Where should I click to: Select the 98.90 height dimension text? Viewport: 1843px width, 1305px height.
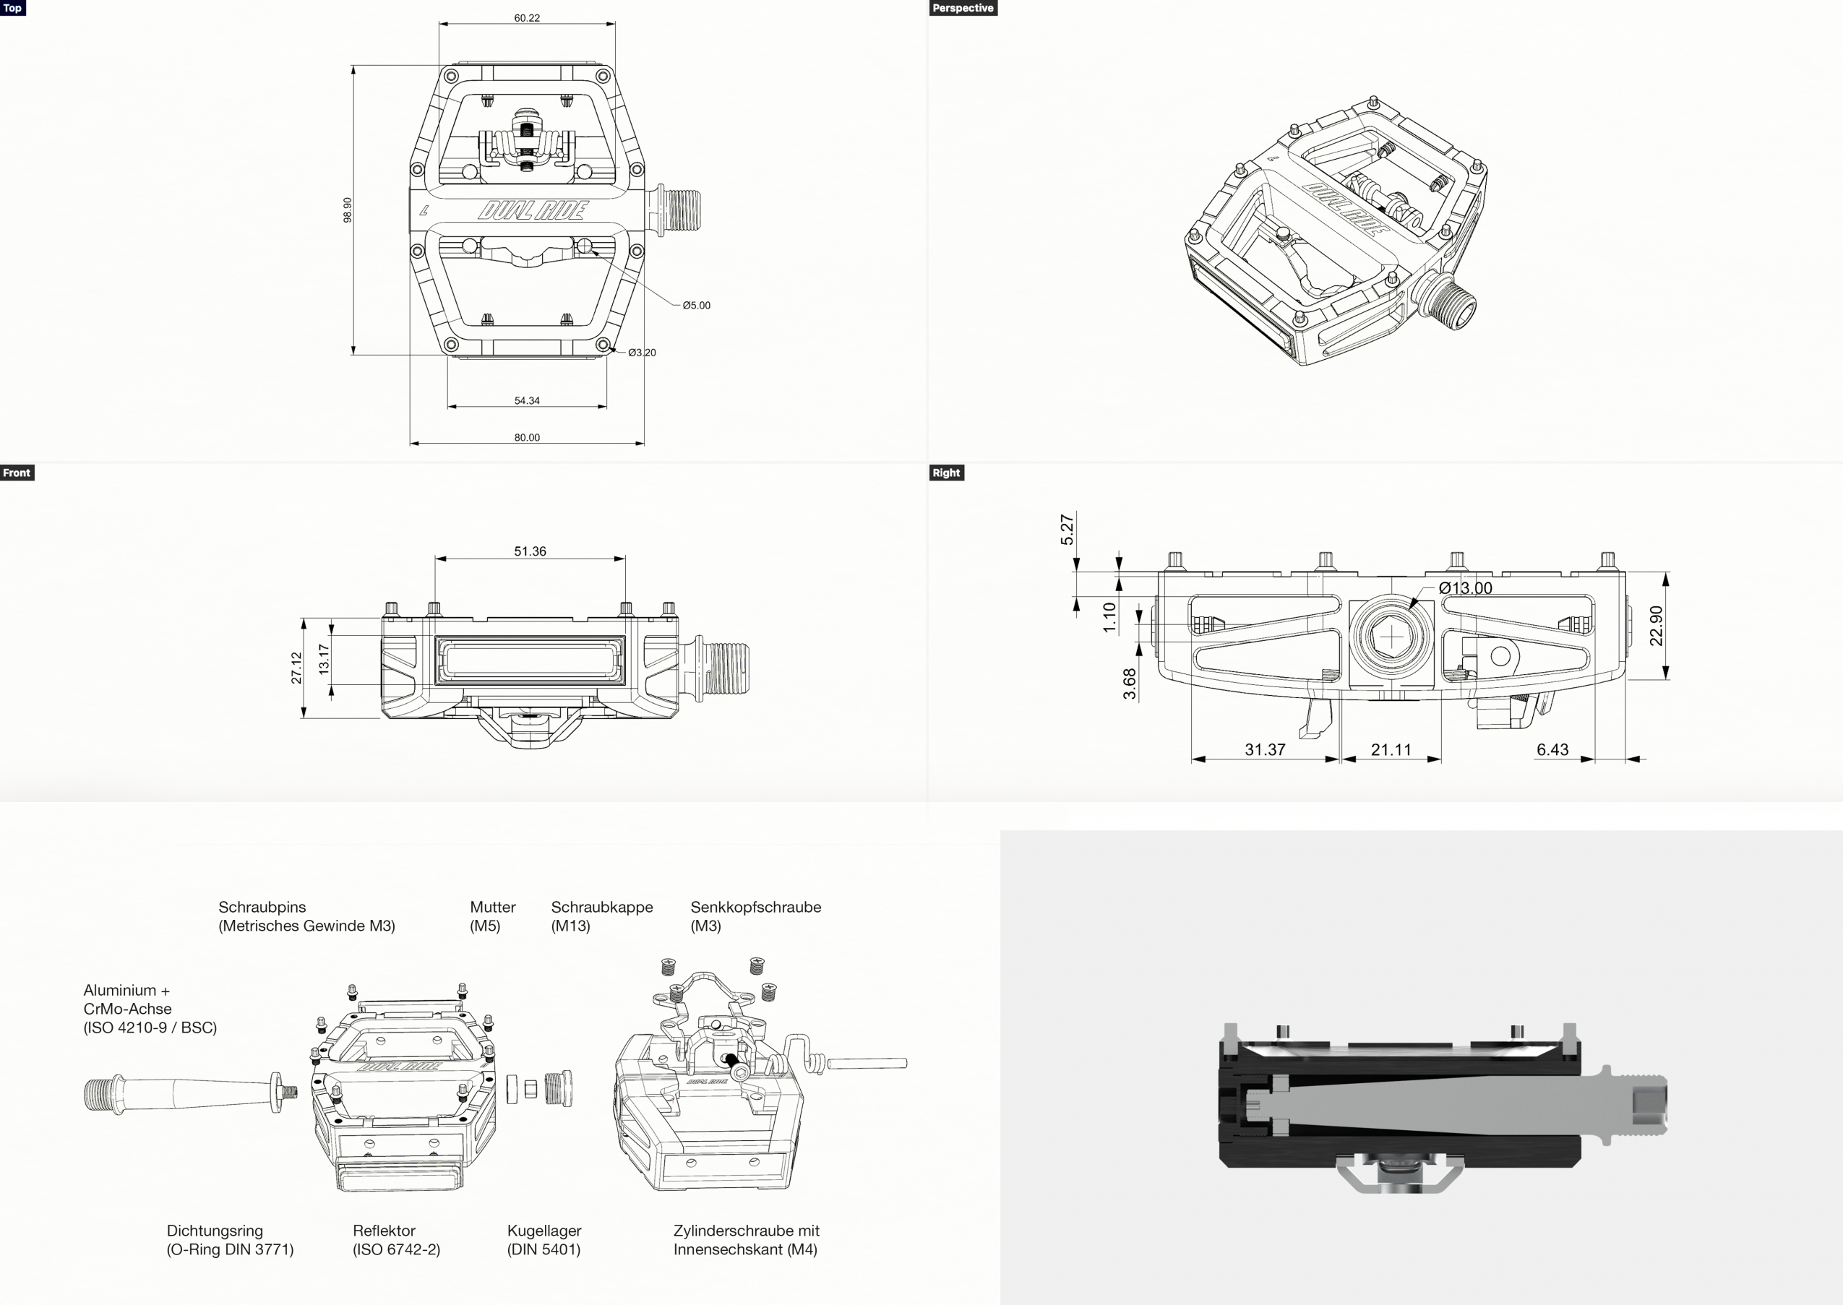347,210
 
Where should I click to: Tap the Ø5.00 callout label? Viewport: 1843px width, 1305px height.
696,306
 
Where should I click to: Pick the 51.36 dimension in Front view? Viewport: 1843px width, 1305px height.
530,551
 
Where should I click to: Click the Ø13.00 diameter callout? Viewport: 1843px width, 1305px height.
1465,588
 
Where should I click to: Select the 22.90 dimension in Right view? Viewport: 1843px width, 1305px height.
1656,626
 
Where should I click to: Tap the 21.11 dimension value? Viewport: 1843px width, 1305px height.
1391,750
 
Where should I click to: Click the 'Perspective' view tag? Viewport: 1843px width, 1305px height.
963,8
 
